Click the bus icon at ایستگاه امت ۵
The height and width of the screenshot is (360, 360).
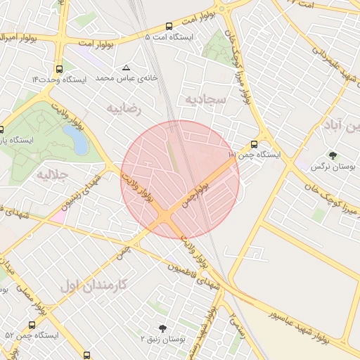(x=169, y=27)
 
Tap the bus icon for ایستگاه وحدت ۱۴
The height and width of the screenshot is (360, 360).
(x=58, y=70)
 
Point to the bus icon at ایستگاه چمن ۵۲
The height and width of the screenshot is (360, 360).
(x=32, y=325)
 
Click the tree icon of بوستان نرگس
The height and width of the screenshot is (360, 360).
(x=333, y=156)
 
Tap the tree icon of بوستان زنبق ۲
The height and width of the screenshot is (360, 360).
(x=163, y=328)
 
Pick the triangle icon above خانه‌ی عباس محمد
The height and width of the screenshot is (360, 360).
(x=127, y=68)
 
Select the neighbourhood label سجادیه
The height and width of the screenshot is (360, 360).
(x=205, y=100)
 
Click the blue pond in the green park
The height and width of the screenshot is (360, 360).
(x=77, y=139)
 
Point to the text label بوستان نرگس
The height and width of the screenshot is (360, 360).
(x=333, y=167)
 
